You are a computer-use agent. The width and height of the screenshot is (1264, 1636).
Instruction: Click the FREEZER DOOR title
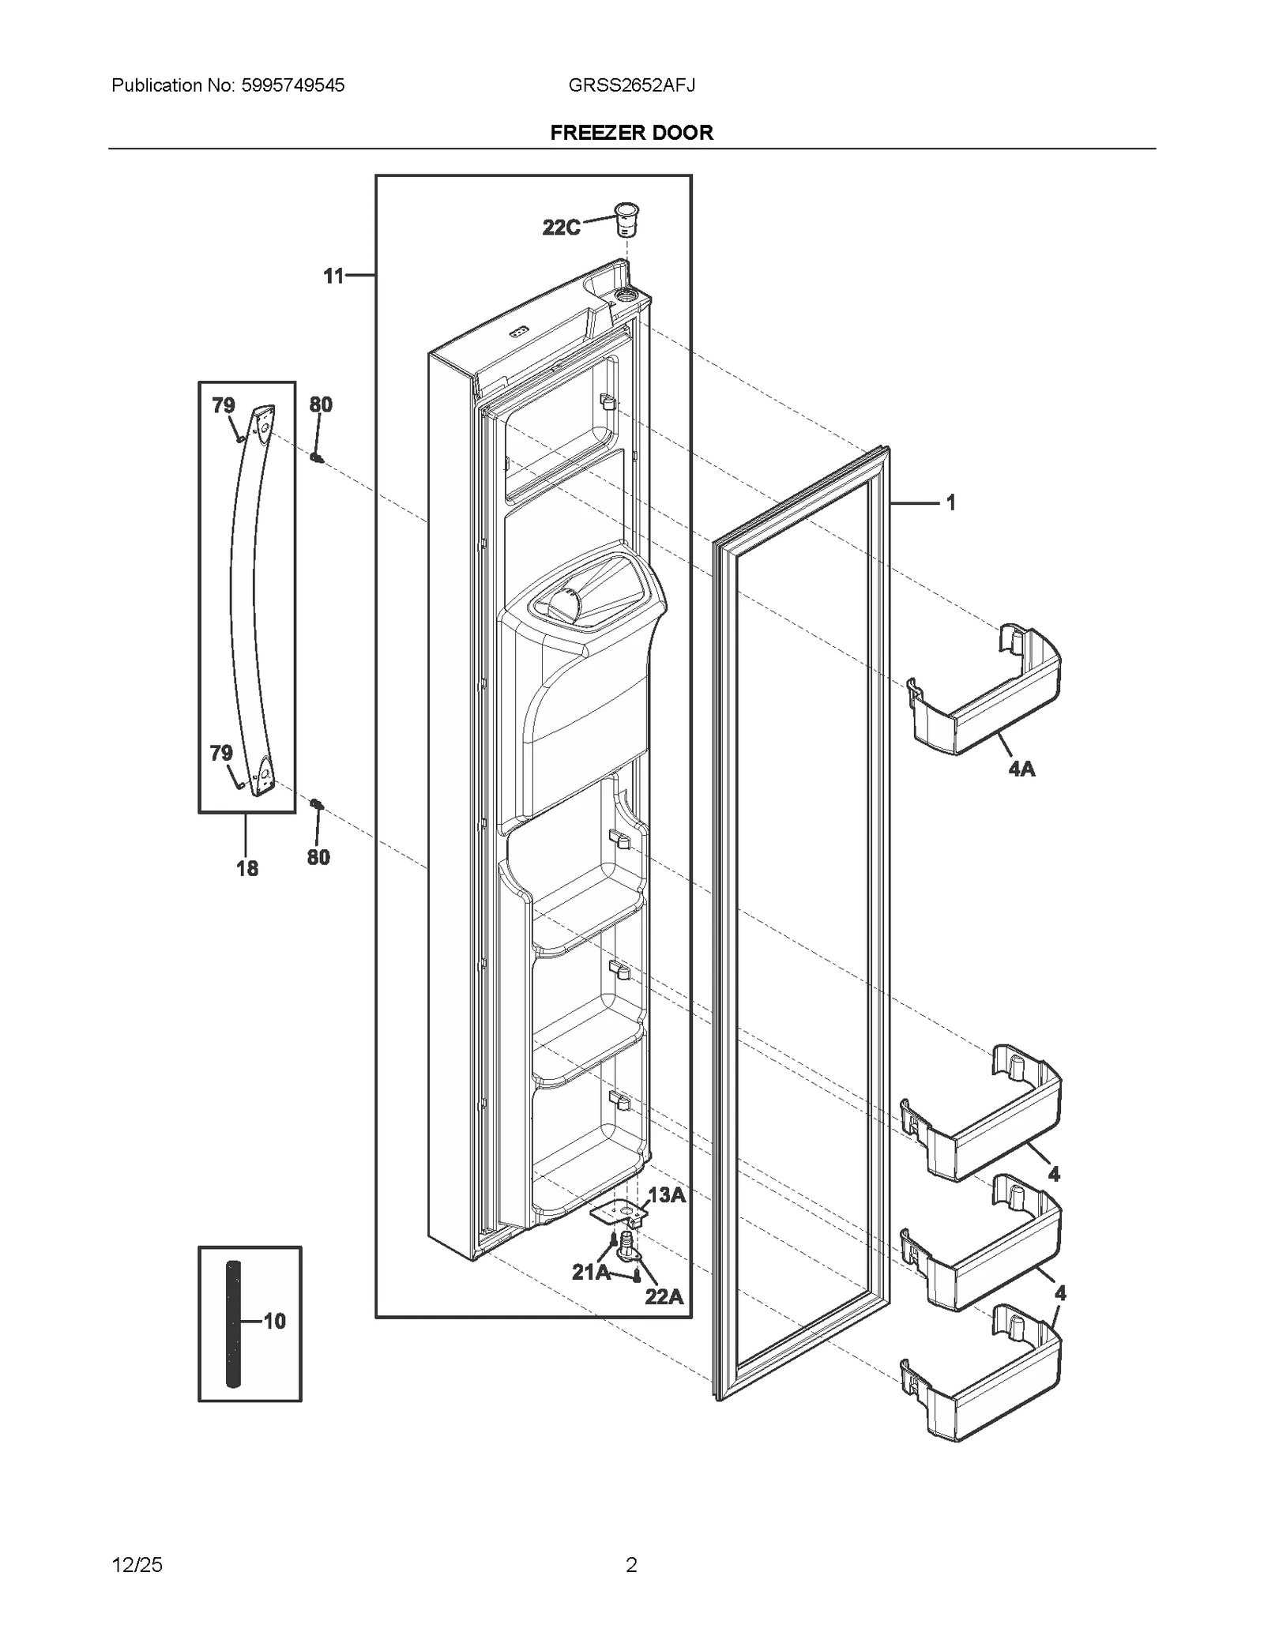[631, 133]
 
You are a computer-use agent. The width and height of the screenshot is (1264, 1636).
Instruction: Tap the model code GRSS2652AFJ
[631, 85]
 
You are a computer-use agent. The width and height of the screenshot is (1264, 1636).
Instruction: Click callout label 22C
[561, 228]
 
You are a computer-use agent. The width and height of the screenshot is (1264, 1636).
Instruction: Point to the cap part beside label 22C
[626, 219]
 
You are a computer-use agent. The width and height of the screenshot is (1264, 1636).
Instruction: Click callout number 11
[334, 276]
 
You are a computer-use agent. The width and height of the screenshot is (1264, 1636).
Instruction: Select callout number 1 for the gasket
[951, 502]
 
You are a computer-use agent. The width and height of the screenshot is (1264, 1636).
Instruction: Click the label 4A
[1021, 768]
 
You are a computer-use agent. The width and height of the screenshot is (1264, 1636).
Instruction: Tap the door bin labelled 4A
[987, 695]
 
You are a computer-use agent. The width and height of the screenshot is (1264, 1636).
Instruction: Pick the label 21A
[590, 1272]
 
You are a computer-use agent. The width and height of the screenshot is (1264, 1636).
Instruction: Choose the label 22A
[664, 1296]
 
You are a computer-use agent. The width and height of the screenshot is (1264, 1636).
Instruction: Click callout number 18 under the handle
[247, 868]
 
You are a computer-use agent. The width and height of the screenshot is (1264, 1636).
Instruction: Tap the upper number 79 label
[224, 405]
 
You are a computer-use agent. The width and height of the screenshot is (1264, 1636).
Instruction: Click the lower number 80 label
[318, 857]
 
